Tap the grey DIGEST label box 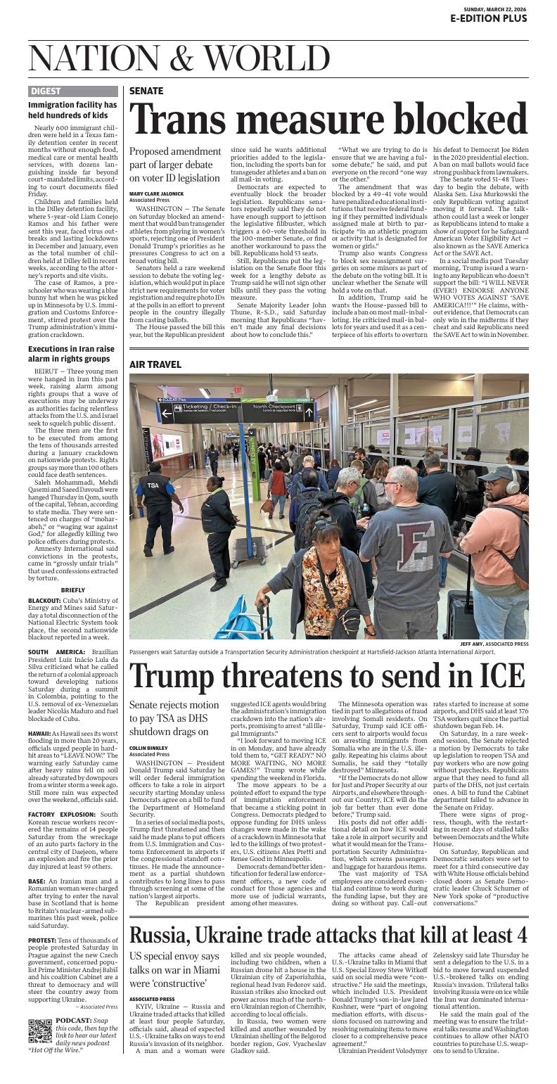point(46,91)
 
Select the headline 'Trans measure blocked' point(328,120)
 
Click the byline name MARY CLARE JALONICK point(156,193)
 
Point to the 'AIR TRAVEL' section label point(155,364)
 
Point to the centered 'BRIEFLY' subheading point(73,589)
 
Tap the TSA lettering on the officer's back point(153,485)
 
